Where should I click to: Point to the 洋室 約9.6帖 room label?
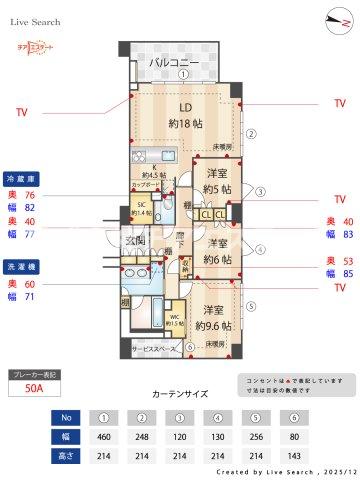click(x=214, y=317)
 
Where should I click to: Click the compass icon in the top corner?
click(x=332, y=20)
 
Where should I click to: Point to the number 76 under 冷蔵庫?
click(x=29, y=195)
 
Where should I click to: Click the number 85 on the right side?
click(x=346, y=272)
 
